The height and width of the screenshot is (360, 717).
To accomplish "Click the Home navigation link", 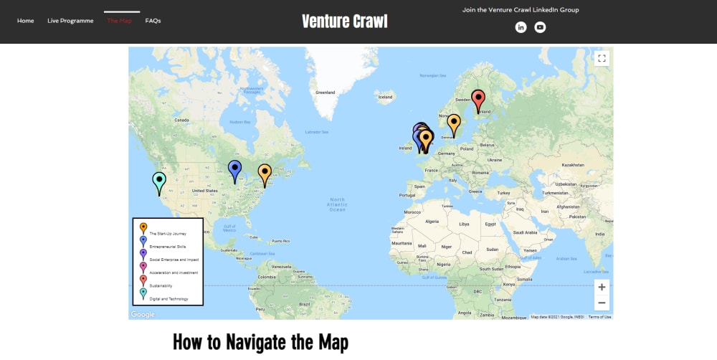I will [x=26, y=21].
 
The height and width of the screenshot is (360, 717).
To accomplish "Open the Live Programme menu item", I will [x=70, y=21].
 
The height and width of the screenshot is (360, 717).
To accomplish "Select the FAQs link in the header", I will [x=153, y=21].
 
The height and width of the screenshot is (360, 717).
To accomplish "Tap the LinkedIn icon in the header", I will [x=521, y=27].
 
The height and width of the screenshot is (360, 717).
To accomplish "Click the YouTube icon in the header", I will [x=540, y=27].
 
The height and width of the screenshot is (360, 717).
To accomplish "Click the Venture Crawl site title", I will [x=344, y=21].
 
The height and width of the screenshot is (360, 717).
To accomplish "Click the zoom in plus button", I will [x=602, y=287].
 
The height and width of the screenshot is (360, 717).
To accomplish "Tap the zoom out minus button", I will [x=602, y=303].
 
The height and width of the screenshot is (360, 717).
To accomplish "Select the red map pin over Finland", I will [x=478, y=100].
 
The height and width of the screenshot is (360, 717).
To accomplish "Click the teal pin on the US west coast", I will [x=159, y=181].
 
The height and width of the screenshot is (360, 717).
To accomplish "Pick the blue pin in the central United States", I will [x=234, y=170].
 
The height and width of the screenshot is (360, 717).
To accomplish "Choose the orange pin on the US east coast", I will [x=265, y=174].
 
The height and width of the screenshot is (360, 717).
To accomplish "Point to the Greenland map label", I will [x=326, y=93].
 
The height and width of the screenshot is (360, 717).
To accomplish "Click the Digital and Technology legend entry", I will [x=168, y=298].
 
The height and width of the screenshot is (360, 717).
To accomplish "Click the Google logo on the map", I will [x=143, y=314].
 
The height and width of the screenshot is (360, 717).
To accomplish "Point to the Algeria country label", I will [x=432, y=222].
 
